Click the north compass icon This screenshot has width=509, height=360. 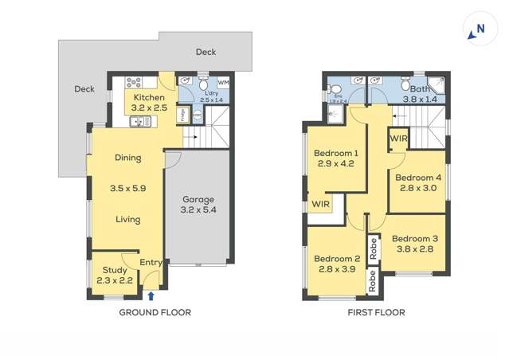pos(476,30)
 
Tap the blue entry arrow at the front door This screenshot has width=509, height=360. pos(152,295)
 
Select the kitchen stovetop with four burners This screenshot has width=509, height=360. pos(132,82)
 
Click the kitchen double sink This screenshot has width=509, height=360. pos(140,121)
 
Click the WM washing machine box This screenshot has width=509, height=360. pos(223,82)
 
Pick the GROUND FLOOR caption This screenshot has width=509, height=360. pos(155,313)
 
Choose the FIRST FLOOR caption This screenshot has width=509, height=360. pos(376,313)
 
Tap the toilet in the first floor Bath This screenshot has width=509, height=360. pos(406,84)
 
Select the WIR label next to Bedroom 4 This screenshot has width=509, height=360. pos(398,139)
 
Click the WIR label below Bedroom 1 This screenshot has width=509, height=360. pos(321,205)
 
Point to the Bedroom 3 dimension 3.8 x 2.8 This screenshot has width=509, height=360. pos(415,248)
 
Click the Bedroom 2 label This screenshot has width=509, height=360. pos(336,259)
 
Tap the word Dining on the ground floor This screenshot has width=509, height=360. pos(127,158)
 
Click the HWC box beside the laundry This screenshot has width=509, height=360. pos(197,115)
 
